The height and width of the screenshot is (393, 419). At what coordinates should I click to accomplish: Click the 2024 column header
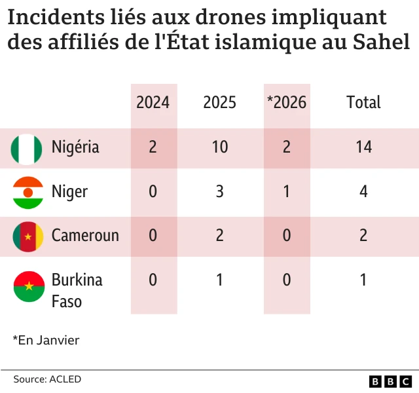153,102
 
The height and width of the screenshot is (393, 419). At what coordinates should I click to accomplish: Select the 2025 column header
220,102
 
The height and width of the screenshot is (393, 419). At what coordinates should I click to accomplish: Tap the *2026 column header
287,102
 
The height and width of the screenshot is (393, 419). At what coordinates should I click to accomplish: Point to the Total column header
363,102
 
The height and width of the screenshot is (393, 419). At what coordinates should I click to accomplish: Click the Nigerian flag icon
27,148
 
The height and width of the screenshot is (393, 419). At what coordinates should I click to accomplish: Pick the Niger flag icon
27,192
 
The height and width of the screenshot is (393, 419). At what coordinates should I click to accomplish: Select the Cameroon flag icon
27,236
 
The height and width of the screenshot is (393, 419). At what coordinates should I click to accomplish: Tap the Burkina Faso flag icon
27,287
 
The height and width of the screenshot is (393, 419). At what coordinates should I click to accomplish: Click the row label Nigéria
75,147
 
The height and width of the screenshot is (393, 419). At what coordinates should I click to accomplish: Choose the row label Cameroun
85,236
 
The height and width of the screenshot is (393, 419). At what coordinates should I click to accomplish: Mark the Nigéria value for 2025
220,147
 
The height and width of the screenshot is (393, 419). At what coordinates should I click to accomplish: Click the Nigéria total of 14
363,147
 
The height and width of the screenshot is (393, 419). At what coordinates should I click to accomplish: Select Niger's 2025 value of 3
220,192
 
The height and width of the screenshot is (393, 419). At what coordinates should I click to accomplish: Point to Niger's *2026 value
287,192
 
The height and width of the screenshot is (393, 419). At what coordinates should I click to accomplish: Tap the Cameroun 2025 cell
220,236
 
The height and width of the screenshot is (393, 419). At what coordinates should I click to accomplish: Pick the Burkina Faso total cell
363,280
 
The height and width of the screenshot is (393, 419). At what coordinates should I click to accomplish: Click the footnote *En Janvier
46,340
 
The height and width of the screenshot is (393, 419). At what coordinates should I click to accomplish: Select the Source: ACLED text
47,379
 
